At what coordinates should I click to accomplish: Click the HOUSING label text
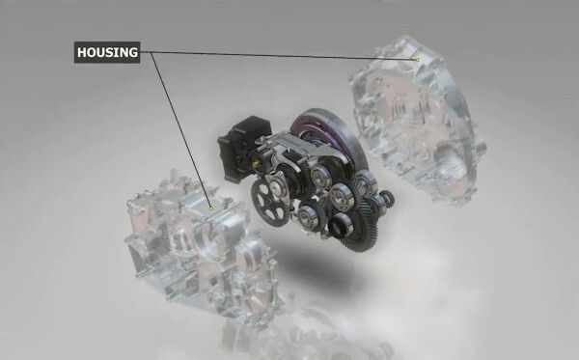(x=106, y=52)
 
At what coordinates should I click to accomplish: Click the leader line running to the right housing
(x=289, y=56)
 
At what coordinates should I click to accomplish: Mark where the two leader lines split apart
(x=152, y=53)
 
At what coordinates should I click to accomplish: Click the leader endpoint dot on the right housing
(x=416, y=60)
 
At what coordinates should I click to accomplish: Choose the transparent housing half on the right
(x=425, y=125)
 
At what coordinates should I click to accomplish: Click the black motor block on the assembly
(x=238, y=145)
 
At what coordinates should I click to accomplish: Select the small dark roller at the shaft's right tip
(x=389, y=201)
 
